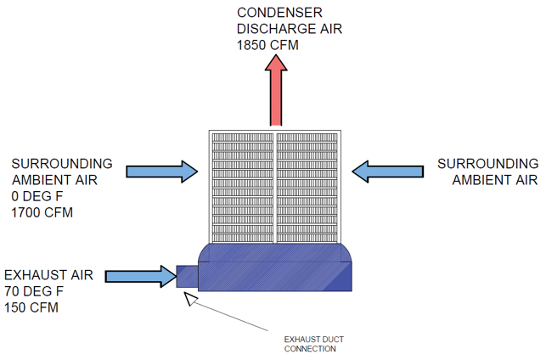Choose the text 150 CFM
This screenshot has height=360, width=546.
tap(31, 307)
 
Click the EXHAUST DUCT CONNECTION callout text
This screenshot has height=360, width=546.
tap(310, 344)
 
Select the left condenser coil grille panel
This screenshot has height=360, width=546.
tap(241, 185)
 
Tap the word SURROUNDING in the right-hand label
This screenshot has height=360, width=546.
tap(487, 163)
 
